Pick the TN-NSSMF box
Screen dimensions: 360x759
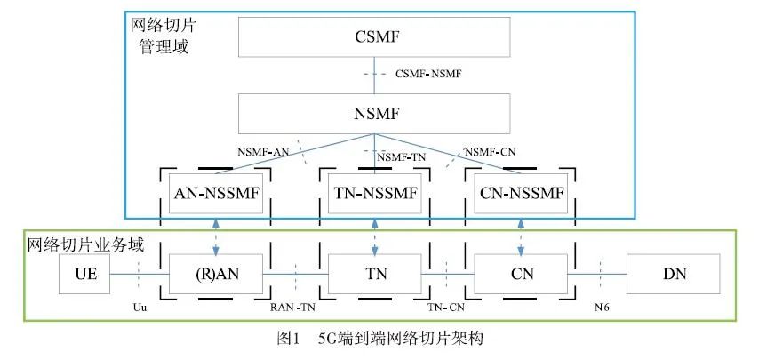click(x=376, y=194)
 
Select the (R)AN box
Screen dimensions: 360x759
click(x=217, y=274)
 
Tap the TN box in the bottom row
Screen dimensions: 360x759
click(x=373, y=274)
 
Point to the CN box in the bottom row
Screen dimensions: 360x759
click(x=521, y=274)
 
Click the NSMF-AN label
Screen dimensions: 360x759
click(x=263, y=151)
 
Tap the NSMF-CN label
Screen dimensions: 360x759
click(x=490, y=151)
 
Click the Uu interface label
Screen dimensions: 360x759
click(x=139, y=308)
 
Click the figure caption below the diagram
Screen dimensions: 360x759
click(x=379, y=339)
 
